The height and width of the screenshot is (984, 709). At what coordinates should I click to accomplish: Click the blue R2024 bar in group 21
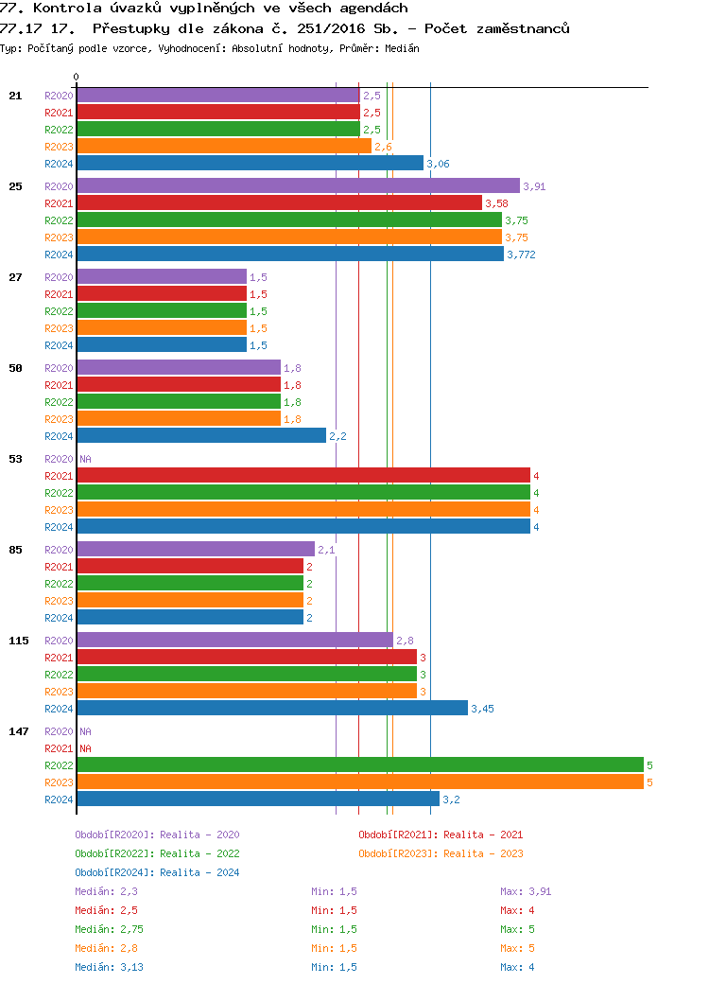coord(250,163)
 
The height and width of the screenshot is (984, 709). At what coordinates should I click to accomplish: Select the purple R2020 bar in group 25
coord(298,185)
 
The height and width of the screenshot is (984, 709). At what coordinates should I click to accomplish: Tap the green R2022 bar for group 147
coord(359,764)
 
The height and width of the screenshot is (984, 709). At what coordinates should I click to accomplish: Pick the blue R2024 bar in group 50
coord(201,435)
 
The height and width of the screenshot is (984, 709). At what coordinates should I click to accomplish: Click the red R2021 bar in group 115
coord(246,657)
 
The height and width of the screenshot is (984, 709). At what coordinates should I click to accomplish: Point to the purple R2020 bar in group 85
coord(195,549)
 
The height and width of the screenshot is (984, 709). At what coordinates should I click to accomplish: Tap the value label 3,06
coord(438,164)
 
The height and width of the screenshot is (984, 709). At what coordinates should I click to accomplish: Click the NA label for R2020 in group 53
coord(85,459)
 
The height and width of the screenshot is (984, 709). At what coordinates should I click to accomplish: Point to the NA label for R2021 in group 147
coord(85,748)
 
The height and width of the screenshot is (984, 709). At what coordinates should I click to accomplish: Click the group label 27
coord(15,277)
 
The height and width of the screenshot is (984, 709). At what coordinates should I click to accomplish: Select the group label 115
coord(18,641)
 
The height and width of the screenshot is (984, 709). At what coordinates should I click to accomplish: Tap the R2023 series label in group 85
coord(59,601)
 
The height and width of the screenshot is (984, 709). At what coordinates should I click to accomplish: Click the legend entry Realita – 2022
coord(157,853)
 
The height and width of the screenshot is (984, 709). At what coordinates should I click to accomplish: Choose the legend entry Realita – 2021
coord(441,835)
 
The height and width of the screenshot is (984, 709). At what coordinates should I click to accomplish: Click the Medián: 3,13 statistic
coord(109,967)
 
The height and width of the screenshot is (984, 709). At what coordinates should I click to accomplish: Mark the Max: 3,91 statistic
coord(526,891)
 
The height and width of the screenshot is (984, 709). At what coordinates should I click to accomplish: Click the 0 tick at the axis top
coord(77,77)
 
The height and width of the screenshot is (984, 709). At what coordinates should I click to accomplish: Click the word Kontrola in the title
coord(65,9)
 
